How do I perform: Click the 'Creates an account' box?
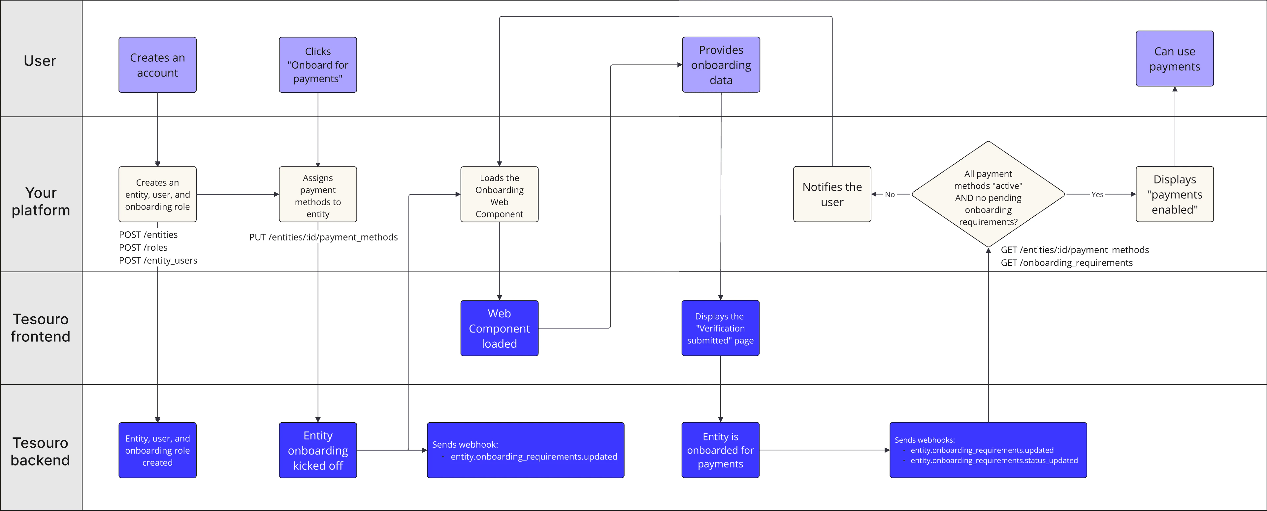[157, 65]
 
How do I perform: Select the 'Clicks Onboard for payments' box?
[318, 65]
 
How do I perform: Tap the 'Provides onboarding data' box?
[721, 65]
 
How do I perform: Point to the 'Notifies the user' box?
[832, 194]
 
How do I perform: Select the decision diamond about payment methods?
[988, 195]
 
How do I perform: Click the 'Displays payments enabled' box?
[1175, 194]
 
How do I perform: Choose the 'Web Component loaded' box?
[499, 328]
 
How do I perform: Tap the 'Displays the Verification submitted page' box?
[720, 328]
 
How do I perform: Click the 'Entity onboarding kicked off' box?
[318, 450]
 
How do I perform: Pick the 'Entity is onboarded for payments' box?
[720, 450]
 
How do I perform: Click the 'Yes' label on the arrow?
[1097, 194]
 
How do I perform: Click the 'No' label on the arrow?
[890, 194]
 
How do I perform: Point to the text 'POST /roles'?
[143, 247]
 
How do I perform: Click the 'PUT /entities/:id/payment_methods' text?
[323, 237]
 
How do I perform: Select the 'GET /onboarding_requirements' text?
[1066, 263]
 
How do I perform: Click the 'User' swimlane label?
[40, 60]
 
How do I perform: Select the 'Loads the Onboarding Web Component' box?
[499, 195]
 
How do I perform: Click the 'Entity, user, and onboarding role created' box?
[157, 450]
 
